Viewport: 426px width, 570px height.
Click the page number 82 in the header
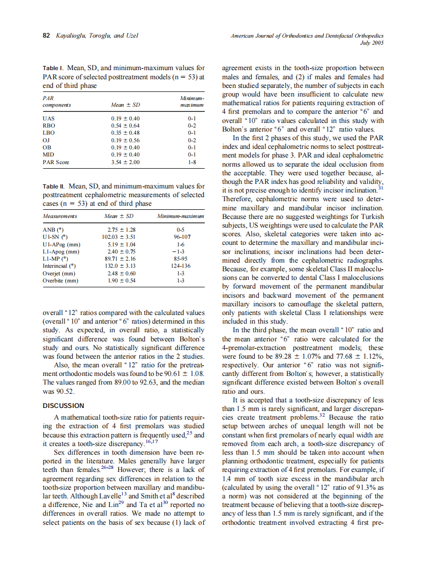(x=46, y=36)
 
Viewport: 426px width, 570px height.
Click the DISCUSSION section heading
(x=64, y=405)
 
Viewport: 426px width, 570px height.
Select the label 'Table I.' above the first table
(x=52, y=68)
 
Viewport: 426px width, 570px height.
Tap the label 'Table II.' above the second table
(x=53, y=187)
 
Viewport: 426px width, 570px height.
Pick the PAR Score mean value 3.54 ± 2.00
(x=125, y=163)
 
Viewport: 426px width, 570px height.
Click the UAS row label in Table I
(x=48, y=118)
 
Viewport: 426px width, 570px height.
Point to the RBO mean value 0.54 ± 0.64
(x=125, y=125)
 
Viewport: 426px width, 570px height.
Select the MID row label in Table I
(x=49, y=154)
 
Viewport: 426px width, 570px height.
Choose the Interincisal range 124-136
(x=180, y=266)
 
